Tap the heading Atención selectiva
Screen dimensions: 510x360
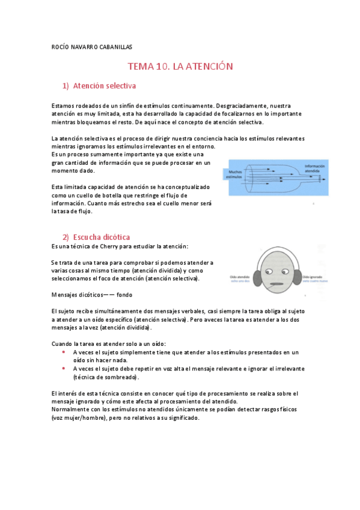(x=105, y=86)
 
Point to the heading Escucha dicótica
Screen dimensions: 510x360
(x=102, y=237)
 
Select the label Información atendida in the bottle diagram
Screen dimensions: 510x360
(x=314, y=168)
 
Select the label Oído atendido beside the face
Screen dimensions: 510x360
(x=240, y=278)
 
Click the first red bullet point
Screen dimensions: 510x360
(x=64, y=352)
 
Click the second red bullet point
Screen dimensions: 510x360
(x=64, y=368)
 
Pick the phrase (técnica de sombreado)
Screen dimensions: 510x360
(x=106, y=377)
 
